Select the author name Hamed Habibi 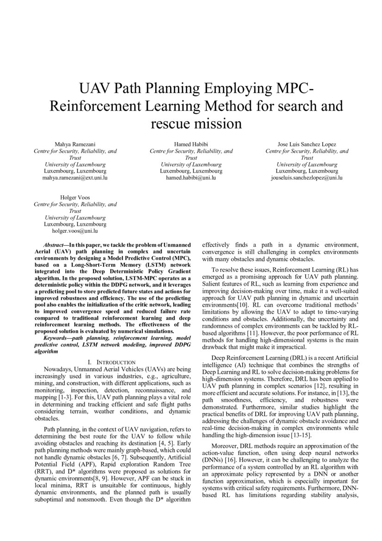point(191,145)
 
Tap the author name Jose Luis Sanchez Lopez point(307,145)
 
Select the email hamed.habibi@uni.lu point(191,177)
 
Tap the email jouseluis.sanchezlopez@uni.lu point(307,177)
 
